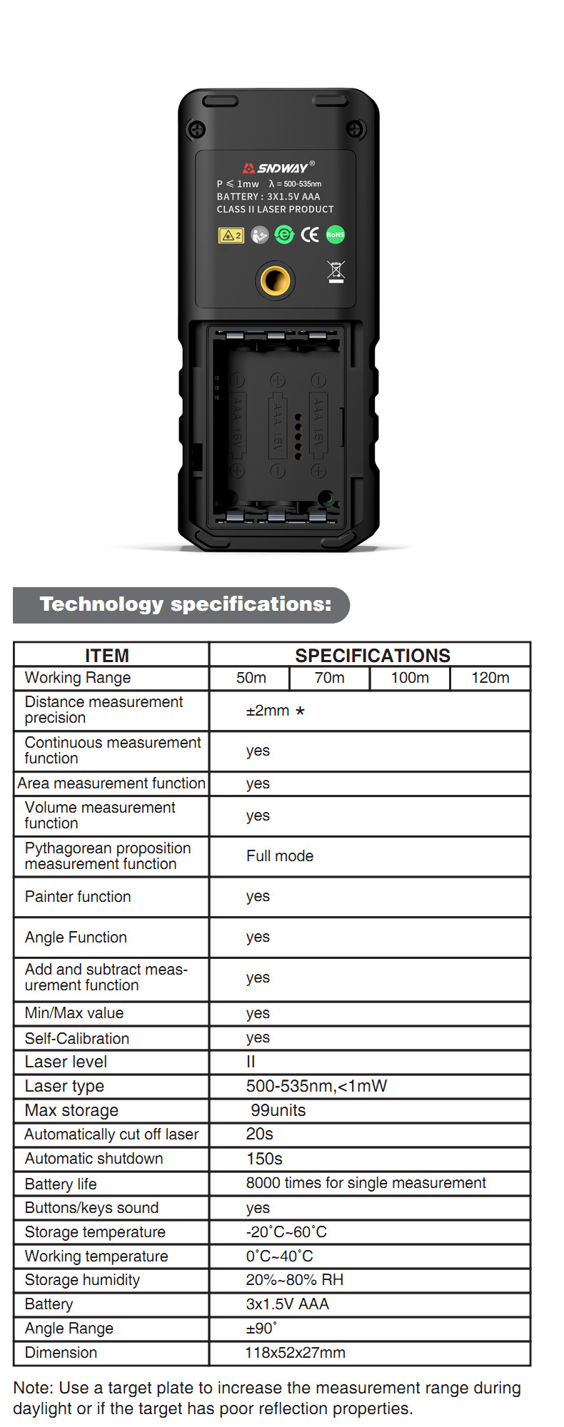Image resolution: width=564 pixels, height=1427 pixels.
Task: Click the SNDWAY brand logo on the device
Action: click(x=278, y=168)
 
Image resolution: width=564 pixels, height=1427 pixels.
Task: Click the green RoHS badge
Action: click(x=335, y=235)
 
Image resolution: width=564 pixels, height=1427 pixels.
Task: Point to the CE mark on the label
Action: click(x=310, y=235)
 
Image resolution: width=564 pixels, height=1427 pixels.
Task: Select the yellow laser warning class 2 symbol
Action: click(x=231, y=235)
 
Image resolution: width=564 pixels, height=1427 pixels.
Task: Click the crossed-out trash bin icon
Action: click(x=336, y=272)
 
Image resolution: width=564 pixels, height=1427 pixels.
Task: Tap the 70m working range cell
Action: click(x=329, y=678)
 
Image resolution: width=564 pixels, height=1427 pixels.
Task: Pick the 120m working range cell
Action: click(x=490, y=678)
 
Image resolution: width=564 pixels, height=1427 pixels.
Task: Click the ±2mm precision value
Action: click(x=268, y=711)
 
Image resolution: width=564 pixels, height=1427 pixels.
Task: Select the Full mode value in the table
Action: click(x=280, y=856)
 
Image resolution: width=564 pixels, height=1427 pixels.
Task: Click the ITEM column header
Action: click(x=107, y=655)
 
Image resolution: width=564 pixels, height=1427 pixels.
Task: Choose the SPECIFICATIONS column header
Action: click(x=373, y=655)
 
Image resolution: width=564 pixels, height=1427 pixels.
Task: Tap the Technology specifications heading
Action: click(x=186, y=604)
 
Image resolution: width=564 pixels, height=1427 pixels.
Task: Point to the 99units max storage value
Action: click(x=278, y=1110)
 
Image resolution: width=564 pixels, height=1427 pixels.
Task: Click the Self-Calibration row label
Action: click(x=77, y=1038)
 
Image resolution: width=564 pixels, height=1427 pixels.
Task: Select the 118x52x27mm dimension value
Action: click(x=295, y=1352)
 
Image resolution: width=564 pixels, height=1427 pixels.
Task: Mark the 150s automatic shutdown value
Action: click(x=264, y=1159)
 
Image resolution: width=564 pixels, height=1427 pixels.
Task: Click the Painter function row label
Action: click(x=78, y=897)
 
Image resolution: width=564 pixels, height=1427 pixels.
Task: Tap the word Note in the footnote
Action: click(x=33, y=1388)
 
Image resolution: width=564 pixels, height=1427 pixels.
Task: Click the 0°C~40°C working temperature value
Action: click(x=280, y=1256)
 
